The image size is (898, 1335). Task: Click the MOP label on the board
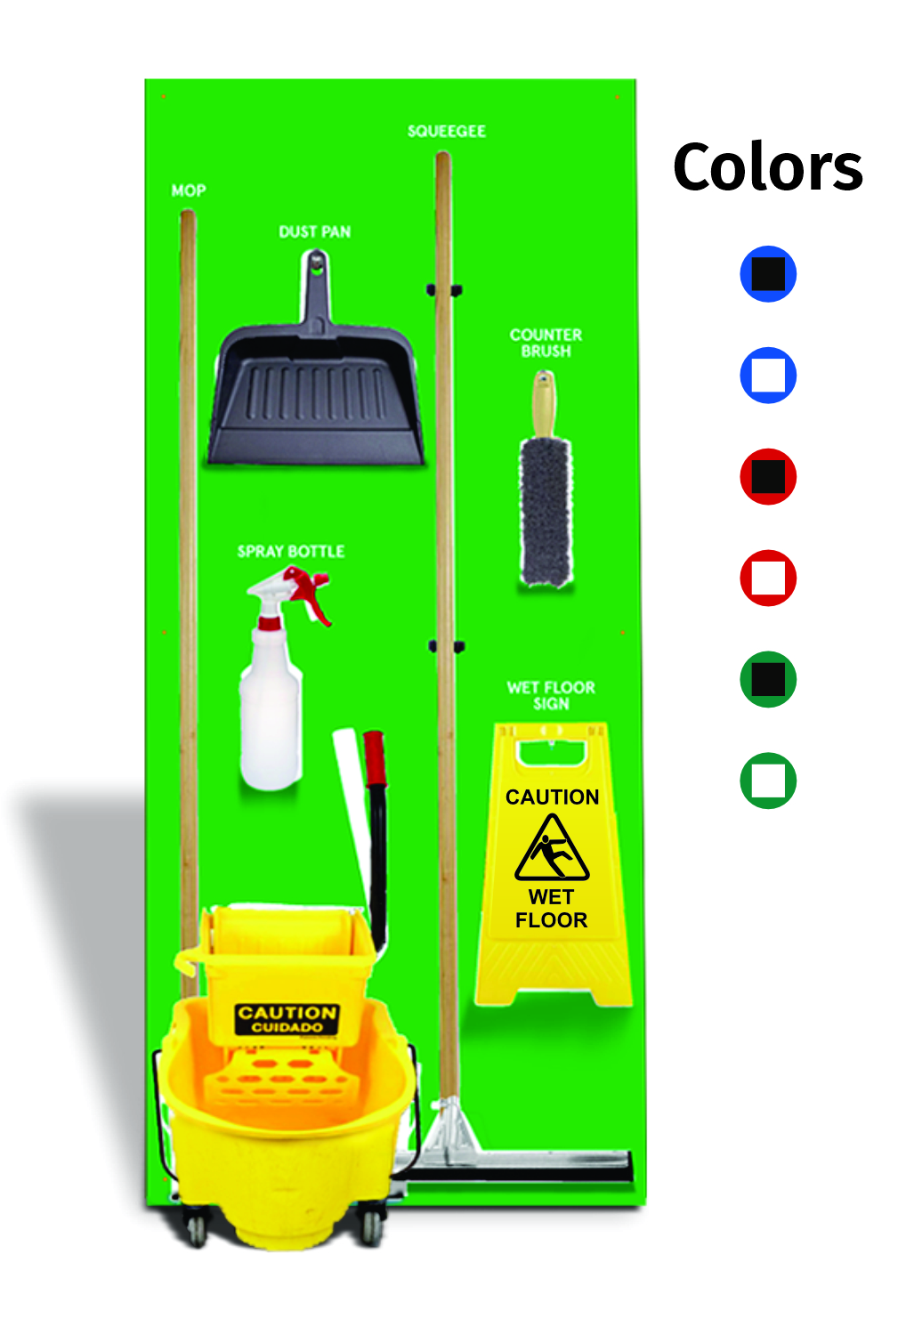coord(189,190)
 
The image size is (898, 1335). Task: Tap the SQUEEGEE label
coord(447,132)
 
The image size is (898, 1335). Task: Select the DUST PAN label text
coord(315,232)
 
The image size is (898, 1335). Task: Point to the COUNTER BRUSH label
coord(546,343)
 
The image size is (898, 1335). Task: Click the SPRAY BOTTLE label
coord(291,552)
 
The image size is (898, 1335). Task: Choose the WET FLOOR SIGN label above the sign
coord(551,695)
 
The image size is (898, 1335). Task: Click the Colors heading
coord(767,167)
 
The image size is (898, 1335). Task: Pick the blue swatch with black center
coord(768,274)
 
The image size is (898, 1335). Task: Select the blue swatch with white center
coord(768,376)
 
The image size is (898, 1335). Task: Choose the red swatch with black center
coord(768,477)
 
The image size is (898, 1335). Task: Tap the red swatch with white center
coord(768,578)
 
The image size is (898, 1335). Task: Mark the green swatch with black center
coord(768,680)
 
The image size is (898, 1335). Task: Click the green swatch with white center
coord(768,781)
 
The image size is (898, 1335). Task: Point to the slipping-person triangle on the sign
coord(552,849)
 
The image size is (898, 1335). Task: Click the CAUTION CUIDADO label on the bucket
coord(287,1019)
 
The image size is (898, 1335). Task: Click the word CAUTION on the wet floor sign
coord(552,797)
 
